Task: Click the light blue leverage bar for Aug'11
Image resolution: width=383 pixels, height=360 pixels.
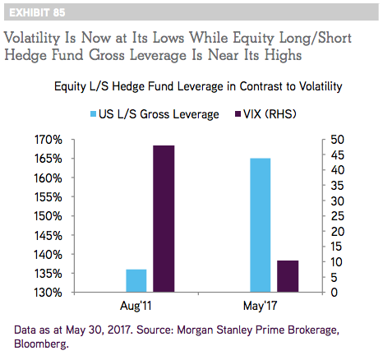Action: tap(136, 281)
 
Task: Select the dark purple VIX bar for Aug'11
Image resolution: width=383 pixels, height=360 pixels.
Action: tap(164, 219)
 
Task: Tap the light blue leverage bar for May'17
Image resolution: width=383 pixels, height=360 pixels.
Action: tap(261, 225)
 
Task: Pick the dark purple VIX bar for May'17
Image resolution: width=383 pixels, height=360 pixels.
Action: tap(288, 276)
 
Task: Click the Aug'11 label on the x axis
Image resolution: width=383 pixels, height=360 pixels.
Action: tap(136, 306)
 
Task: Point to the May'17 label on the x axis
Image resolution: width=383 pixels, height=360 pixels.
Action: tap(261, 306)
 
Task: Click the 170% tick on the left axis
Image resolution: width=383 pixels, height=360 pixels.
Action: tap(48, 140)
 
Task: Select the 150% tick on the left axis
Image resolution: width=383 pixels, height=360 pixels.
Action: tap(48, 216)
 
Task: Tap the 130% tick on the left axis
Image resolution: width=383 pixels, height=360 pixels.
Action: tap(48, 293)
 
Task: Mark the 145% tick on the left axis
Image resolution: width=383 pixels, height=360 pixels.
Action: tap(48, 236)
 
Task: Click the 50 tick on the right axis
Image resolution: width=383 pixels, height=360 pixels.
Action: tap(337, 140)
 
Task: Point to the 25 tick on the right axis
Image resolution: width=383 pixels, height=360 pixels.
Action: tap(337, 216)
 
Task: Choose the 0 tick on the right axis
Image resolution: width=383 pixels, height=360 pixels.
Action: tap(334, 293)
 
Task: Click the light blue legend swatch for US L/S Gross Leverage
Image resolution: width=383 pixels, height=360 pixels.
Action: tap(94, 114)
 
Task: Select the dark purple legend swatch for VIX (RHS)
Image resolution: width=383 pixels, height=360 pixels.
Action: tap(238, 114)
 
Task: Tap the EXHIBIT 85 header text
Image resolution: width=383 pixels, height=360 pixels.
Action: tap(37, 12)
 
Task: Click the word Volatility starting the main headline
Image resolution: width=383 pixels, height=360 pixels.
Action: tap(32, 39)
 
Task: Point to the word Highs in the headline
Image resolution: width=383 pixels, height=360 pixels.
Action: tap(283, 56)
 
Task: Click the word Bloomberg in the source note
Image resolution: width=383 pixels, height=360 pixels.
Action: tap(41, 344)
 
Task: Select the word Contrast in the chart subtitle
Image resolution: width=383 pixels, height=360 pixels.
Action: tap(261, 86)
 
